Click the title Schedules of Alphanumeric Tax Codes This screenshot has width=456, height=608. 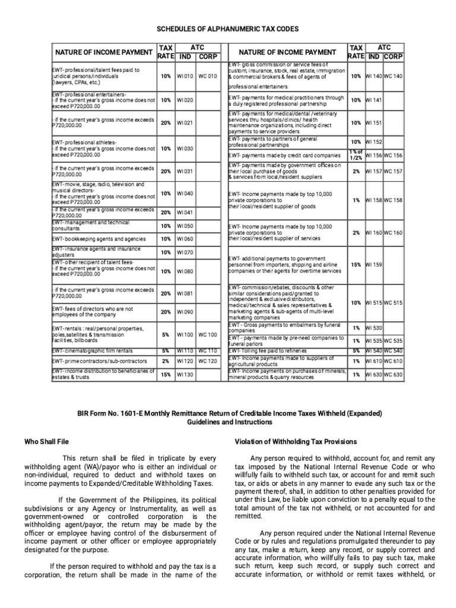[x=227, y=28]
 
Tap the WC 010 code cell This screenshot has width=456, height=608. [x=207, y=77]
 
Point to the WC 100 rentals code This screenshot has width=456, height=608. [x=207, y=335]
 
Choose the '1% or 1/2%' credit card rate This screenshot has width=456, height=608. [x=356, y=155]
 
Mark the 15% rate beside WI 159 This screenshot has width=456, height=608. [x=356, y=264]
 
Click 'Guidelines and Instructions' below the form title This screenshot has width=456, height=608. [x=227, y=422]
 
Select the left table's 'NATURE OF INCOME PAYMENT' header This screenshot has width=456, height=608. [x=102, y=52]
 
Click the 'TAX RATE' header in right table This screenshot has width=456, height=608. [x=356, y=52]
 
